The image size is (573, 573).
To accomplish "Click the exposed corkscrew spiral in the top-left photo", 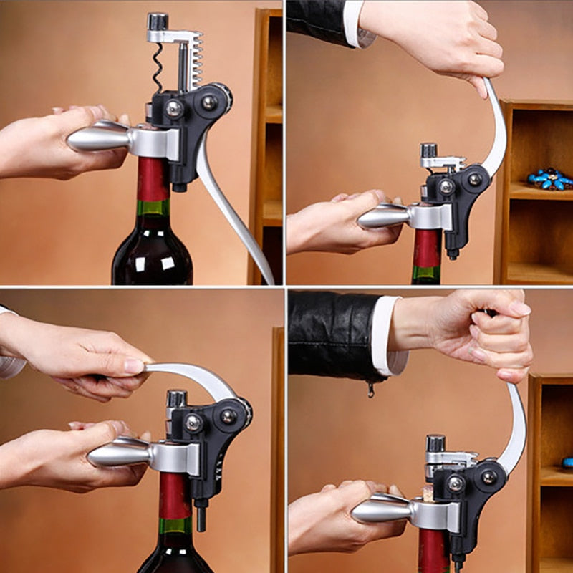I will click(x=158, y=68).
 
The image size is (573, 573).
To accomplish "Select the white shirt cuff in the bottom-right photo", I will click(x=387, y=337).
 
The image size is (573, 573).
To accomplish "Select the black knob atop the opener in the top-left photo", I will click(x=158, y=21).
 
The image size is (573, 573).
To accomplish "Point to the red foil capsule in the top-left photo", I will click(x=153, y=179).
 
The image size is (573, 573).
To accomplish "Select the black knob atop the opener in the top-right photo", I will click(x=428, y=150).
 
